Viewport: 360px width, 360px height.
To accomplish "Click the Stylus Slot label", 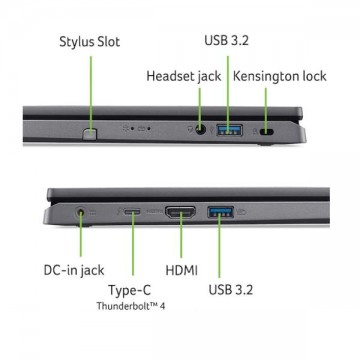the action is click(89, 42).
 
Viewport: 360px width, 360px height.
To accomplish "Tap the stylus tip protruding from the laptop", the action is click(89, 133).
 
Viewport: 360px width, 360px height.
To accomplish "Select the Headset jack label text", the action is click(184, 76).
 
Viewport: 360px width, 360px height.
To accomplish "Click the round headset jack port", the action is click(200, 130).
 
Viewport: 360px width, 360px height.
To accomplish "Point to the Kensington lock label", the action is click(279, 76).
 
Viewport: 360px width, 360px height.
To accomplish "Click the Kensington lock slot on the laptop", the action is click(266, 132).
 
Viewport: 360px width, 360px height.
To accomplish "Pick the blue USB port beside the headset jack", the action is click(230, 130).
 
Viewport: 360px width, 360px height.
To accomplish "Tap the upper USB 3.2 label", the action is click(226, 40).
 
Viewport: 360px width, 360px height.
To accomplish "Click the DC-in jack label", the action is click(74, 270).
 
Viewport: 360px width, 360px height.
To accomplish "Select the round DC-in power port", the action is click(80, 212).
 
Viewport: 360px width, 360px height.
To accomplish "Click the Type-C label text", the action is click(129, 290).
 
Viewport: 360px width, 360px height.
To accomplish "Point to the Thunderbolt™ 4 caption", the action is click(131, 306).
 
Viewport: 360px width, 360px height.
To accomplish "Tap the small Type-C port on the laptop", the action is click(132, 211).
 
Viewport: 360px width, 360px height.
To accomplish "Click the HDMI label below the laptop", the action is click(182, 270).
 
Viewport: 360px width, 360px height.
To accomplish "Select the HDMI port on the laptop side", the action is click(180, 212).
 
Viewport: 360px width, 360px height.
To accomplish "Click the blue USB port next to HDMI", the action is click(220, 212).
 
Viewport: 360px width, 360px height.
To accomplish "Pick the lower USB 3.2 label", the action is click(231, 290).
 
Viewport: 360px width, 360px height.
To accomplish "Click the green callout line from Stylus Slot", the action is click(91, 93).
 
